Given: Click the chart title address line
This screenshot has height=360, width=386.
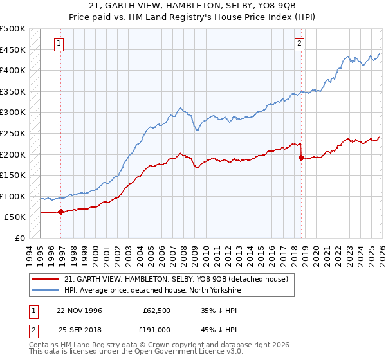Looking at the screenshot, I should (193, 6).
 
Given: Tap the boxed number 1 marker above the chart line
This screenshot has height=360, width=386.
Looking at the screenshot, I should (59, 44).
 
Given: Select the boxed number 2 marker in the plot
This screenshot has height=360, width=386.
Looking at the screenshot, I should (300, 44).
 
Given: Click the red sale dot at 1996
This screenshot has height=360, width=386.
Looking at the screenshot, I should (60, 212).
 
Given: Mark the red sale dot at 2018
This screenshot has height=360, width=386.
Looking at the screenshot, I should (300, 158).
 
